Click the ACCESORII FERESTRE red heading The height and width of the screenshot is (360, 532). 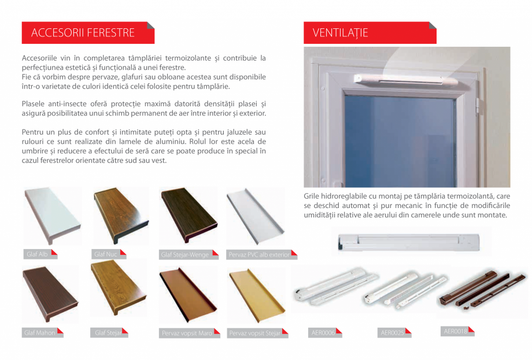tap(83, 33)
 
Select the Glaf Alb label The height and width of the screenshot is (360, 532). tap(38, 254)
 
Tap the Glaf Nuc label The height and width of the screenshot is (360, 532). tap(106, 254)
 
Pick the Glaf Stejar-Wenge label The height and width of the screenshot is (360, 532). tap(185, 254)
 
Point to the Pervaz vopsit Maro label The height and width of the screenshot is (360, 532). tap(187, 333)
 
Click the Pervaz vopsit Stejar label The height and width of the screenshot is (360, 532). tap(255, 333)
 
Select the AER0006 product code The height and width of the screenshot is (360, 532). tap(323, 333)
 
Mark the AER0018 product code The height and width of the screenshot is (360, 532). tap(456, 331)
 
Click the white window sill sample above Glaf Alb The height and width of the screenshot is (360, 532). tap(53, 216)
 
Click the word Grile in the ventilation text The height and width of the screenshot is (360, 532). tap(313, 196)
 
